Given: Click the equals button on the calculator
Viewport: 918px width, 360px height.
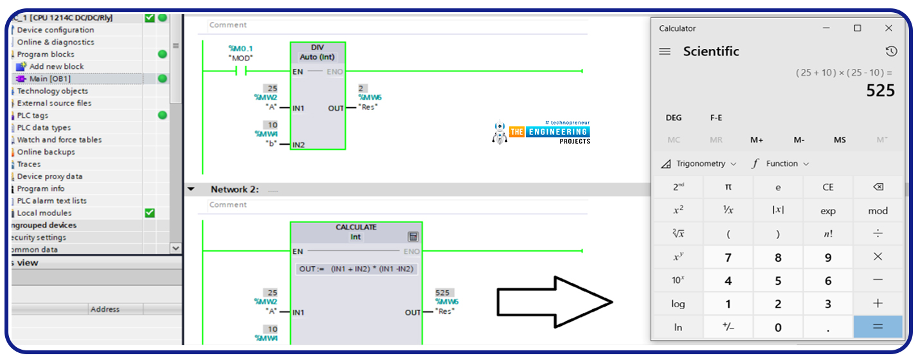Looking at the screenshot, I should [x=878, y=327].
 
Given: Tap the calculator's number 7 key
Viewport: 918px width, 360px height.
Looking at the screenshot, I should [x=728, y=257].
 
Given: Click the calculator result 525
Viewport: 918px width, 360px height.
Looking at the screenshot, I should [x=880, y=91].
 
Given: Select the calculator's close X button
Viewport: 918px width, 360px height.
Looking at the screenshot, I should [x=888, y=28].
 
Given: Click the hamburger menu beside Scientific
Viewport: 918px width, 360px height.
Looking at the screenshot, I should [x=665, y=51].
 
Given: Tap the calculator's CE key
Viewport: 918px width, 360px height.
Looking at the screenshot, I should [x=828, y=187].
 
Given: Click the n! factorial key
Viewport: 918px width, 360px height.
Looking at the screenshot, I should [x=828, y=234].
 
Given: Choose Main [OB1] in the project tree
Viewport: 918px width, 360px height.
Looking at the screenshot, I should [x=50, y=78].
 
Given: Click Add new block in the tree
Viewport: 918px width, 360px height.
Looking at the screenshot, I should [x=56, y=66].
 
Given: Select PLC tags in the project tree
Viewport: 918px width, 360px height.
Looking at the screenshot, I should [x=32, y=115].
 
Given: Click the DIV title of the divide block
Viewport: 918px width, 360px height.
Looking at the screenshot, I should [x=318, y=48].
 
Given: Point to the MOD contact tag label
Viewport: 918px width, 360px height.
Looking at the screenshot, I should [x=241, y=59].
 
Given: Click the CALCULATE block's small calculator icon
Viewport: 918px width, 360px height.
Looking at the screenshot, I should [x=413, y=237].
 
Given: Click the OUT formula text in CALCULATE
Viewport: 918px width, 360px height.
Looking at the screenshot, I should [x=356, y=269].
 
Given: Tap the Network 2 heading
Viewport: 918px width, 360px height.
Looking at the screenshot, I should [x=235, y=190].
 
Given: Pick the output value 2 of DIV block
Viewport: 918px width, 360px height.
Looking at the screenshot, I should [x=361, y=87].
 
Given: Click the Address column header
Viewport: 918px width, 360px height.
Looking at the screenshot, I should [x=105, y=309].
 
